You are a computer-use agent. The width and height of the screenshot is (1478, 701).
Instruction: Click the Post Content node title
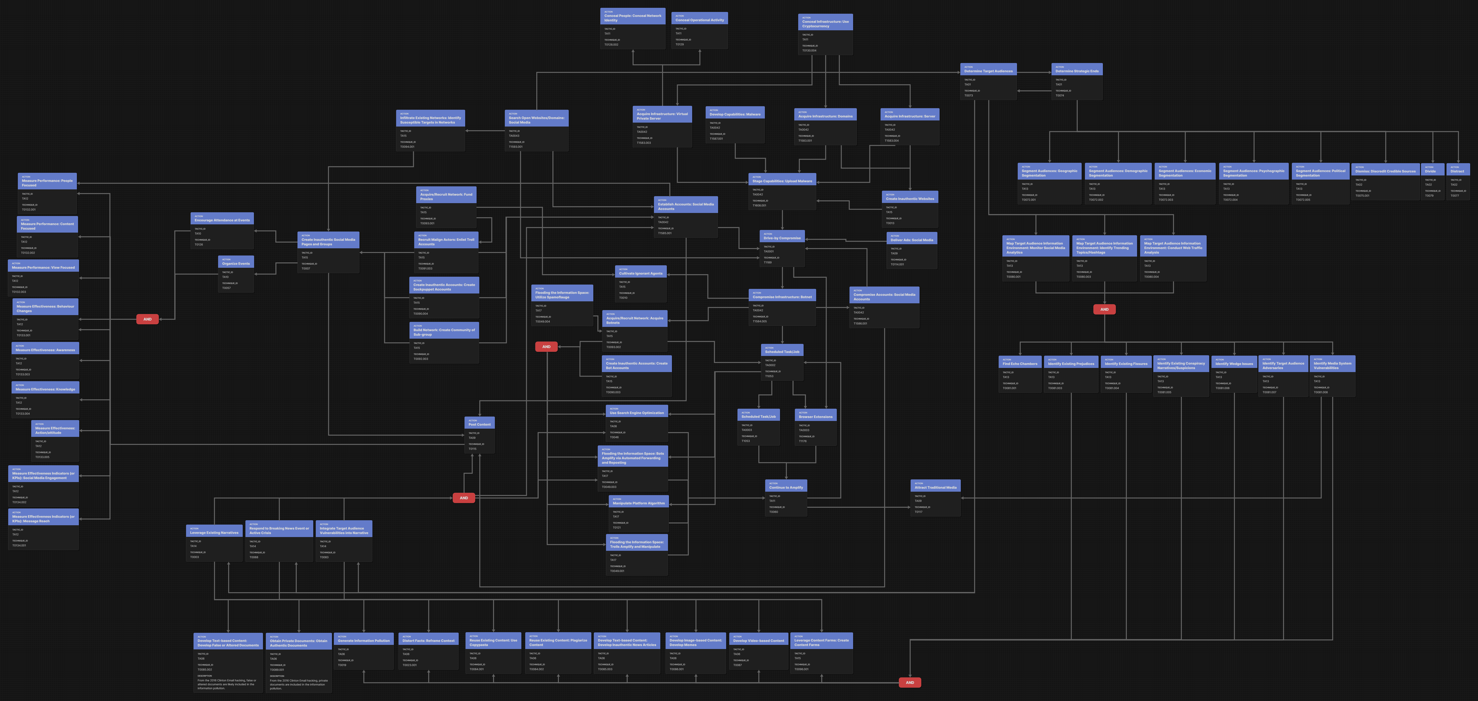click(480, 424)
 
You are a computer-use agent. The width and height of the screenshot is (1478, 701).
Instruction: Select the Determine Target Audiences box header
click(988, 71)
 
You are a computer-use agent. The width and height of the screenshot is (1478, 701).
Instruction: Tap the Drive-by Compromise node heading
click(782, 238)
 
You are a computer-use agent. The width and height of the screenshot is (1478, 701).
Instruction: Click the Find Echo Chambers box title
click(1020, 364)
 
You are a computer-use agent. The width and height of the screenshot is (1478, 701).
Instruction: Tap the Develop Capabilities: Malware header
click(735, 114)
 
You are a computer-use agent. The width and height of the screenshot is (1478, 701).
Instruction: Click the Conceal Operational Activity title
click(699, 20)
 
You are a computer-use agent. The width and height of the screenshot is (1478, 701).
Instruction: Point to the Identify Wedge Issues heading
click(1234, 364)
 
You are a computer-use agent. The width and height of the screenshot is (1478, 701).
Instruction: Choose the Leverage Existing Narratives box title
click(214, 533)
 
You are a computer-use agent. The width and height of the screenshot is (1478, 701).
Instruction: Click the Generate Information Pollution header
click(364, 641)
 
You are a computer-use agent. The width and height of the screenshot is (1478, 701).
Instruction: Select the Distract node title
click(1457, 171)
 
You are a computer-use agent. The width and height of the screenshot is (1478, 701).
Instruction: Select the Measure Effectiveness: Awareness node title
click(45, 350)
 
